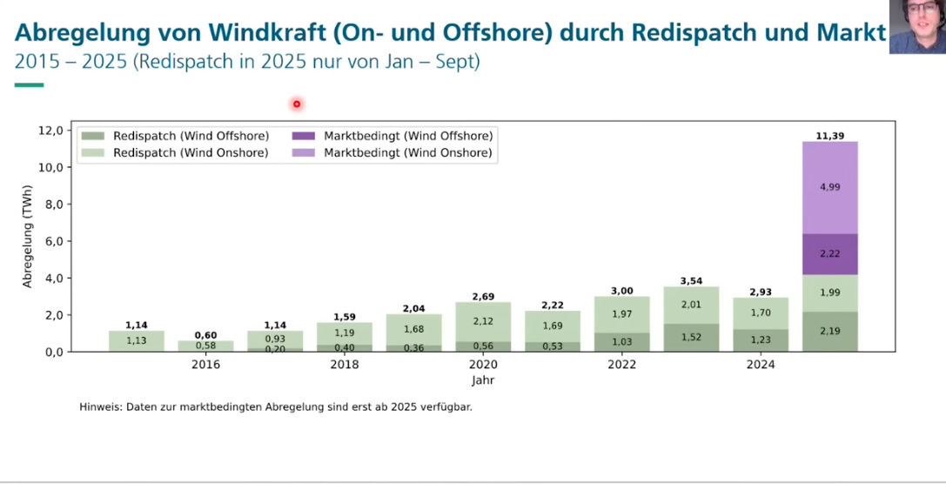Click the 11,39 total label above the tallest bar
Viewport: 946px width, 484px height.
(829, 135)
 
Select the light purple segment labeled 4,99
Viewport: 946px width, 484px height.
(829, 187)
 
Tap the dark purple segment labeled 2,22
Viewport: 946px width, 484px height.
(829, 253)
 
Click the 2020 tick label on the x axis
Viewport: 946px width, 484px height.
(483, 365)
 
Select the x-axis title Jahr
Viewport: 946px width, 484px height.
(483, 380)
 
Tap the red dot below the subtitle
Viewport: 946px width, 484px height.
(296, 104)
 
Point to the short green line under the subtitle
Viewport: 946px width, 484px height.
(29, 84)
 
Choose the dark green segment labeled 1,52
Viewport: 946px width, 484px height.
(691, 338)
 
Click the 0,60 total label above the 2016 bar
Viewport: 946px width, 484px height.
(205, 335)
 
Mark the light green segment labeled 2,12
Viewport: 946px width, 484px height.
(483, 321)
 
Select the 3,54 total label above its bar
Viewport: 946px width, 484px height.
(691, 281)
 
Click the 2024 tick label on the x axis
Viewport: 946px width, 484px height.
(760, 365)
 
